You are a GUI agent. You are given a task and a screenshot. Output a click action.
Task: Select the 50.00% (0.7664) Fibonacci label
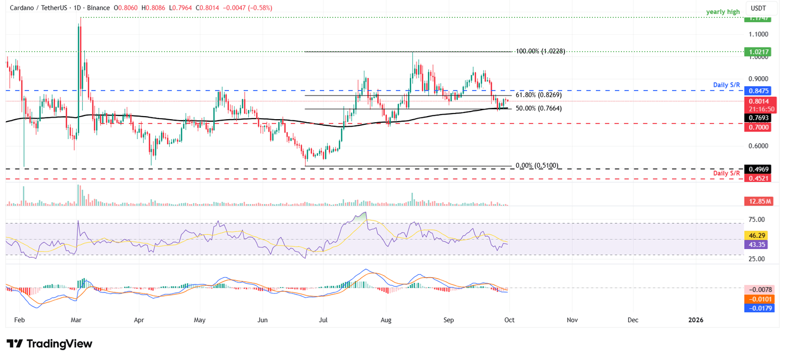click(539, 109)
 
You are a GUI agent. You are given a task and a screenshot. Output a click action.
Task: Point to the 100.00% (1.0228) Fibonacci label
click(540, 52)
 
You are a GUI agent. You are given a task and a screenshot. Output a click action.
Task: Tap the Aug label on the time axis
click(386, 320)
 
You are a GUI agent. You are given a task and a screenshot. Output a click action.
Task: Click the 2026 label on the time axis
click(696, 320)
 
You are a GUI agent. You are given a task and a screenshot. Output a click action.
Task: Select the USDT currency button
click(758, 8)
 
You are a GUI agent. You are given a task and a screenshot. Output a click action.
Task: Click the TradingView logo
click(50, 344)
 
